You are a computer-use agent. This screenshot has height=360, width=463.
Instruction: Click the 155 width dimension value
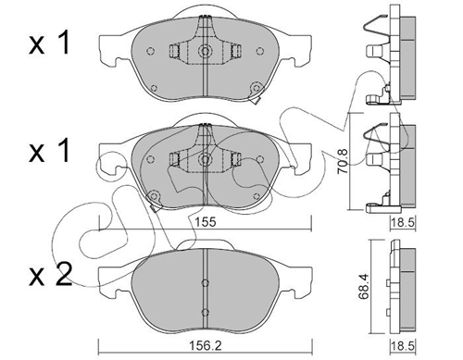coord(206,222)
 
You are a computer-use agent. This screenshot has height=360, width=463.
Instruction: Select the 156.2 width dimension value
coord(206,346)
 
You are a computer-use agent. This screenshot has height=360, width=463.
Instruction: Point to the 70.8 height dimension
coord(344,162)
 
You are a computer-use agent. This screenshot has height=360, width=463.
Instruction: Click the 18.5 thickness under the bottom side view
coord(403,346)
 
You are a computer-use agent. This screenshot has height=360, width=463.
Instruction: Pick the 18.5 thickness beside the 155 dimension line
coord(403,222)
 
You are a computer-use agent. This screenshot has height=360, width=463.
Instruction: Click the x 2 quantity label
coord(50,274)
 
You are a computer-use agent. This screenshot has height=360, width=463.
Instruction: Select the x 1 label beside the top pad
coord(49,44)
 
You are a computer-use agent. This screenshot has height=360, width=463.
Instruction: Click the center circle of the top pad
coord(205,50)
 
